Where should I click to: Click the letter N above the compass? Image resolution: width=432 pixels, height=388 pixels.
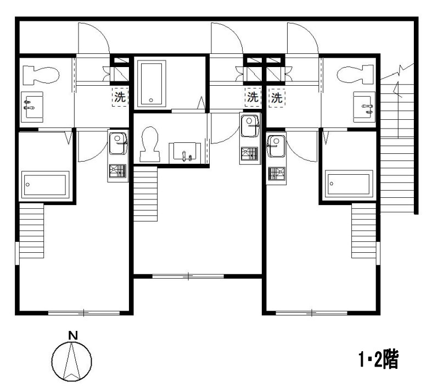[73, 335]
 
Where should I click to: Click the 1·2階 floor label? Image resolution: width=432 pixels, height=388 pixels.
[379, 359]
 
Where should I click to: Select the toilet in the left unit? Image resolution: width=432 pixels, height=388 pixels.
[41, 75]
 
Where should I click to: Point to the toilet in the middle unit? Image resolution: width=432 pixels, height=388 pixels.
[150, 144]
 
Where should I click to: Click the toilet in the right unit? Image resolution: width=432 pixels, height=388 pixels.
[355, 74]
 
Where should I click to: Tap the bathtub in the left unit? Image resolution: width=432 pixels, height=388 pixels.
[45, 185]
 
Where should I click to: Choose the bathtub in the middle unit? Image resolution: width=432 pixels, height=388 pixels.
[152, 84]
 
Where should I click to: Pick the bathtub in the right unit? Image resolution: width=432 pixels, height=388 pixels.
[349, 184]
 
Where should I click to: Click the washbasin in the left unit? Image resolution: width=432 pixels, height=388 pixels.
[32, 107]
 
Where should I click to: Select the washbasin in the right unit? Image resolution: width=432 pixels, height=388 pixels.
[364, 107]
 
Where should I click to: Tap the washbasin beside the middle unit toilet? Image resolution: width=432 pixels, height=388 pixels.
[184, 151]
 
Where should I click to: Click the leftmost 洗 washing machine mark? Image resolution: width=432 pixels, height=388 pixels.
[120, 97]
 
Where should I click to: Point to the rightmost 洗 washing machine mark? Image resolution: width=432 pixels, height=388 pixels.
[277, 98]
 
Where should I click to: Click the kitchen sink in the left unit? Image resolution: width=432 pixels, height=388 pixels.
[118, 143]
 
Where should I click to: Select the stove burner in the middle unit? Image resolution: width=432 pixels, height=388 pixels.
[250, 153]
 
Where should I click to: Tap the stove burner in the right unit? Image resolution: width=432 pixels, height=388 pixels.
[276, 174]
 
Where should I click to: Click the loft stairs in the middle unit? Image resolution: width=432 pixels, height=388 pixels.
[145, 193]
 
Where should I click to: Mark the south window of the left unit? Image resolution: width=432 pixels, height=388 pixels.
[84, 313]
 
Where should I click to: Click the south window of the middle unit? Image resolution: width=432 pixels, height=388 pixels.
[188, 276]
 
